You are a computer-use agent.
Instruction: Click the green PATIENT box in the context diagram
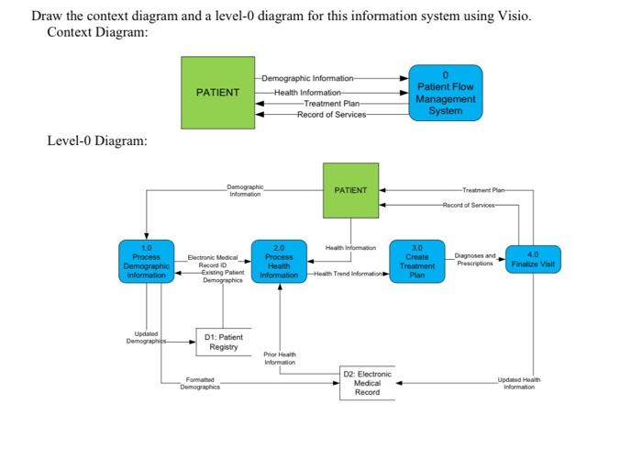[x=217, y=92]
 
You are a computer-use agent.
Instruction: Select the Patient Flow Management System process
[x=445, y=92]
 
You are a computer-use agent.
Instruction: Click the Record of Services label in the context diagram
[x=331, y=115]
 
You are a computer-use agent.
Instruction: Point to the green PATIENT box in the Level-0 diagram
[x=350, y=190]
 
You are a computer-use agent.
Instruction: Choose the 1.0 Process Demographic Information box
[x=146, y=261]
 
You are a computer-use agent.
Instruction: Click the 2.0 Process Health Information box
[x=279, y=261]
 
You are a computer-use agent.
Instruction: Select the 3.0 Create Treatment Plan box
[x=416, y=261]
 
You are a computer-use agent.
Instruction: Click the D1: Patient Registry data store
[x=224, y=342]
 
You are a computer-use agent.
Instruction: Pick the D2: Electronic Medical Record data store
[x=367, y=384]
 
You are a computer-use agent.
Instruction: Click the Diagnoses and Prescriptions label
[x=475, y=258]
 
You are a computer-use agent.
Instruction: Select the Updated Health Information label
[x=519, y=383]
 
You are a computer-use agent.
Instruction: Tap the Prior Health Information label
[x=279, y=357]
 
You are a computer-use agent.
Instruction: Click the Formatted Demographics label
[x=199, y=384]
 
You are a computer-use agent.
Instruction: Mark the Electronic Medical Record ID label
[x=212, y=261]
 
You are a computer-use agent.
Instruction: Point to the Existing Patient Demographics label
[x=222, y=276]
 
